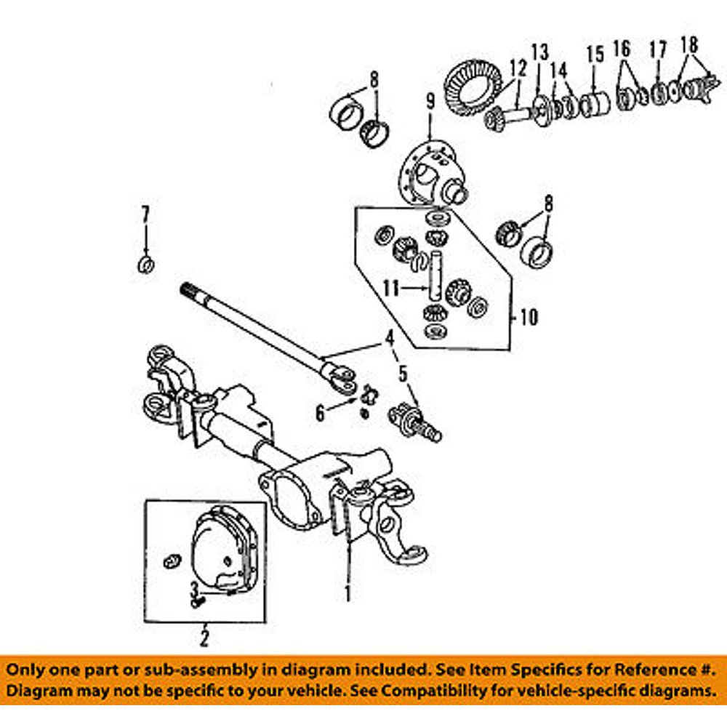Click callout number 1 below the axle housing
tap(348, 594)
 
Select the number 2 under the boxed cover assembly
tap(204, 639)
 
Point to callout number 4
tap(390, 337)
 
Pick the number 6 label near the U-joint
tap(320, 413)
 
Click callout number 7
tap(145, 214)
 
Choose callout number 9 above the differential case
tap(430, 102)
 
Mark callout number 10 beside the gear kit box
tap(529, 318)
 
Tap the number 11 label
tap(392, 289)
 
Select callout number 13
tap(539, 52)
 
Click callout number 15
tap(595, 54)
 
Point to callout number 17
tap(657, 51)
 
